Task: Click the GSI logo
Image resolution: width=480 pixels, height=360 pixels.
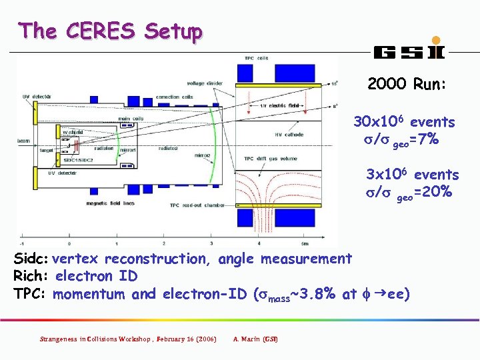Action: [409, 50]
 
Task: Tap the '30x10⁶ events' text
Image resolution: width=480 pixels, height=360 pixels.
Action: [404, 122]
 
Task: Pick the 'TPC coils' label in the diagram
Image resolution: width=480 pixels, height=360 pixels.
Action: [257, 59]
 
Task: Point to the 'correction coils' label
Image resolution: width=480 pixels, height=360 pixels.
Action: [173, 97]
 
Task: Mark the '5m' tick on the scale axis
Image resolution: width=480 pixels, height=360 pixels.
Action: [304, 234]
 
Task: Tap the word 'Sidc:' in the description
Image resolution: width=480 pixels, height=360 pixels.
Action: [31, 259]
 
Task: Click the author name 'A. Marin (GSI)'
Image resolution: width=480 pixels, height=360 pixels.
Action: [256, 339]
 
